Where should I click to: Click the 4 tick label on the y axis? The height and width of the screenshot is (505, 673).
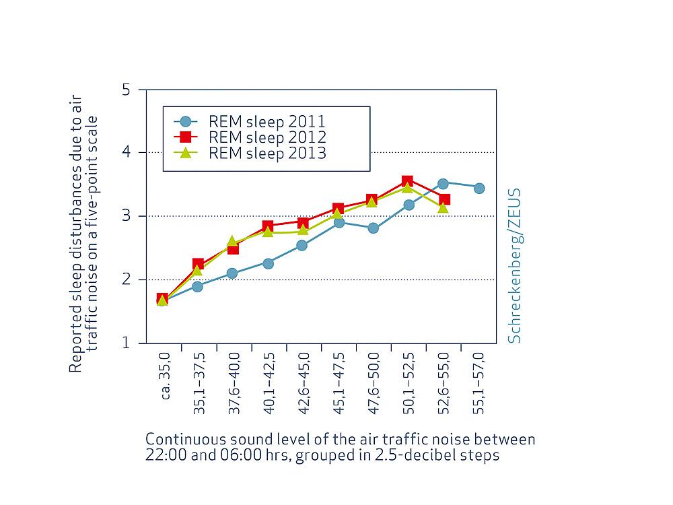click(x=125, y=153)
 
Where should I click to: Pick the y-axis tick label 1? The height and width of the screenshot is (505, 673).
click(x=125, y=343)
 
